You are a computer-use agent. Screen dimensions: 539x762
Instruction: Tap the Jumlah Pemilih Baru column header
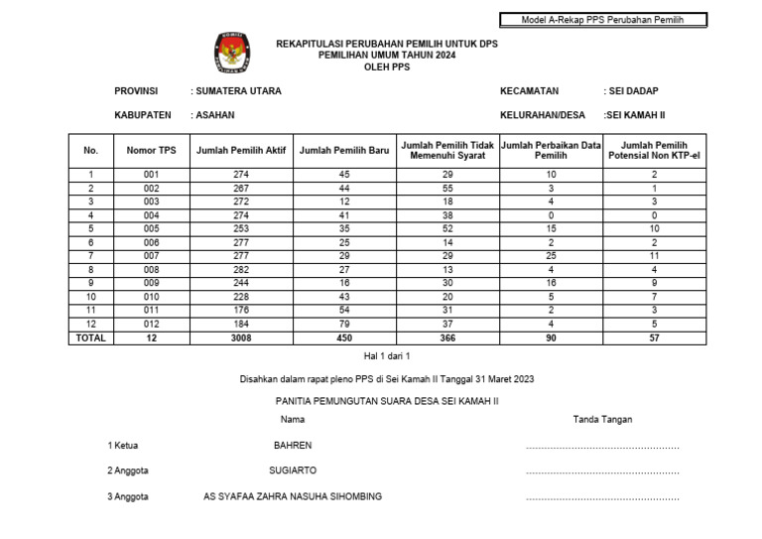pos(343,150)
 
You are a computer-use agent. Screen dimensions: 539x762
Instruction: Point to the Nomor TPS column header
pos(152,150)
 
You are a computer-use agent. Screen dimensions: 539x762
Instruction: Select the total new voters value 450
pos(343,338)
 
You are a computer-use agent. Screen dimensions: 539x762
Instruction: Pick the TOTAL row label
pos(90,338)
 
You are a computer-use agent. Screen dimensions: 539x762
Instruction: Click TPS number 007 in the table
pos(152,256)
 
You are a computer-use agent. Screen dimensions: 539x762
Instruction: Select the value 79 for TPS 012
pos(343,325)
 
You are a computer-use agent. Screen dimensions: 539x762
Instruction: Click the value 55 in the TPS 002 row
pos(446,189)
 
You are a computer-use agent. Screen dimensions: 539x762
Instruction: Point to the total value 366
pos(446,338)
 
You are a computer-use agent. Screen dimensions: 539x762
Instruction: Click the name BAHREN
pos(293,446)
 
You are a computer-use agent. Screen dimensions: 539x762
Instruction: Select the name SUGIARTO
pos(293,471)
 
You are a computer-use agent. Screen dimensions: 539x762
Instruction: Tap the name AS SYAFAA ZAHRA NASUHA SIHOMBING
pos(293,496)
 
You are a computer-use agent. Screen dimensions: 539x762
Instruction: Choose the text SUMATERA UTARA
pos(236,91)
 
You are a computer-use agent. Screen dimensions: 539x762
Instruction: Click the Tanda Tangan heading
pos(602,420)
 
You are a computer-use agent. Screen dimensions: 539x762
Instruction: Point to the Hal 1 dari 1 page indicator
pos(387,355)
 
